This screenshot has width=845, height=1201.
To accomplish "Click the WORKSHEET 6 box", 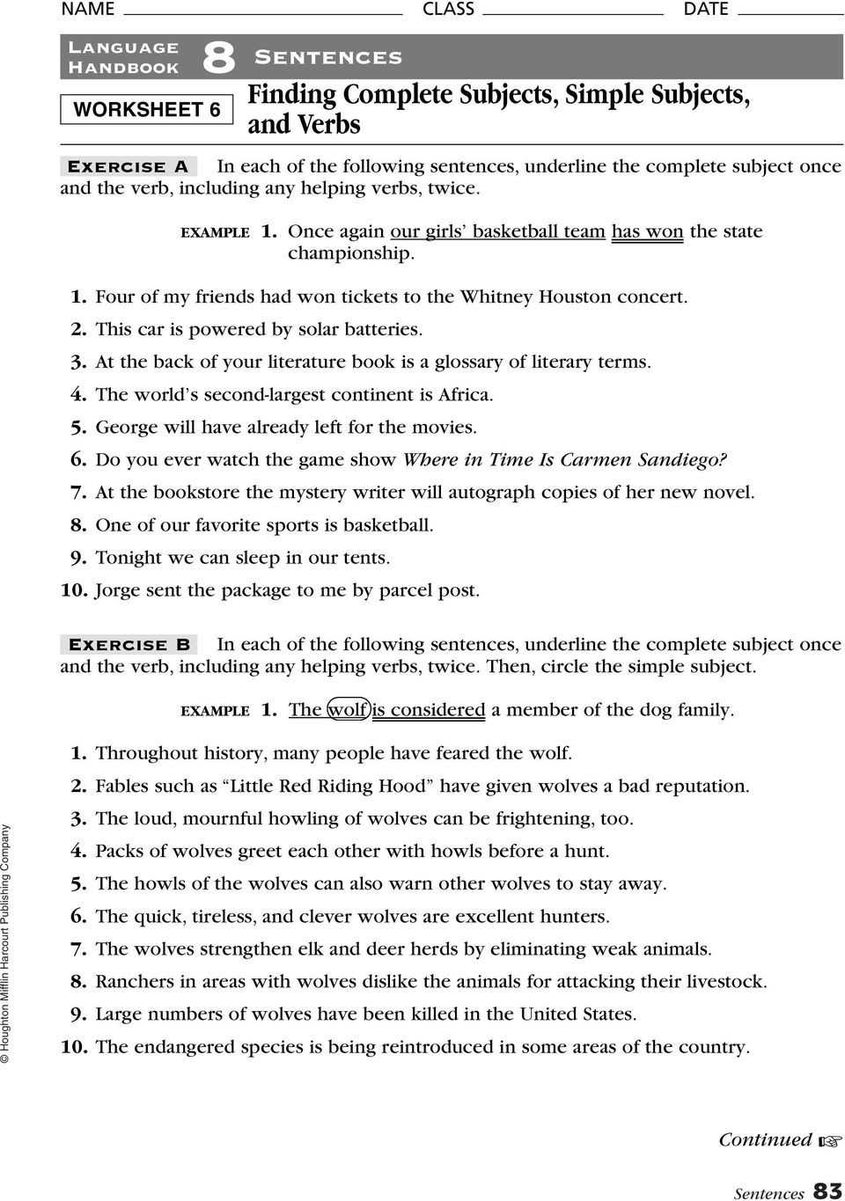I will click(x=146, y=109).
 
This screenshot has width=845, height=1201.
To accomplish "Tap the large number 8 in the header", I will click(x=218, y=58).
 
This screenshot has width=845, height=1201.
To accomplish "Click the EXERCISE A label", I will click(x=129, y=166).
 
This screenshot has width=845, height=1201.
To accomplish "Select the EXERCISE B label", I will click(x=129, y=644).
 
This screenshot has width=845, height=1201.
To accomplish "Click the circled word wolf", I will click(x=347, y=710).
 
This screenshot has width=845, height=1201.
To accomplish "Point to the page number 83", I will click(x=827, y=1190).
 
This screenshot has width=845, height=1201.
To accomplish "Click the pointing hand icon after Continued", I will click(x=829, y=1141).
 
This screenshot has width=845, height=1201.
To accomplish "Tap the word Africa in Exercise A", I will click(x=464, y=394).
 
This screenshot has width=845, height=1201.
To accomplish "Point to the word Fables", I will click(x=124, y=786).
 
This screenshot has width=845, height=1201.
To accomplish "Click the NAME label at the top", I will click(x=88, y=9).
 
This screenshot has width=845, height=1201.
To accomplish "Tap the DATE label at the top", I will click(x=706, y=9).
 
